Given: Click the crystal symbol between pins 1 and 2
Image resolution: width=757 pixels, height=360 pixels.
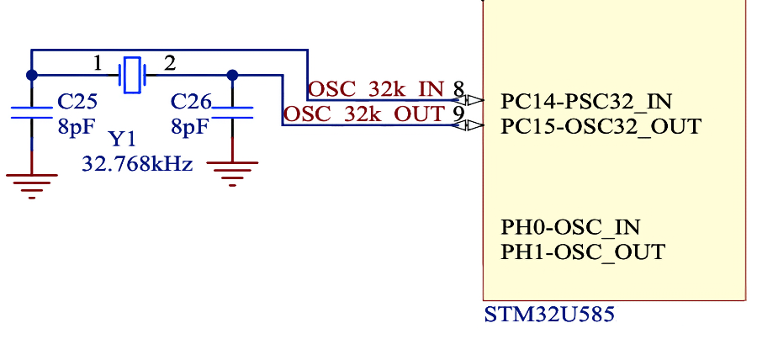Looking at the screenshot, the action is [x=132, y=75].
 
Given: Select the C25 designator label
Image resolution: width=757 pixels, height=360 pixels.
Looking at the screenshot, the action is [x=77, y=102].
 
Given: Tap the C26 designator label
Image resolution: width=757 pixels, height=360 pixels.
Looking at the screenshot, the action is [x=191, y=102].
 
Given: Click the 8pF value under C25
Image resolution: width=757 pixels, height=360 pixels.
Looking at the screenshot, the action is [x=74, y=127].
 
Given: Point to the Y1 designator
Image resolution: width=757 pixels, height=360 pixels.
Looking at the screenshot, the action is [x=122, y=140].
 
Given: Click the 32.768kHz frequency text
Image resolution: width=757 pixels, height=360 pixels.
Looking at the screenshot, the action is [x=138, y=164].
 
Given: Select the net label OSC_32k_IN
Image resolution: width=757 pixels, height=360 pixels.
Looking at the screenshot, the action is [x=376, y=90].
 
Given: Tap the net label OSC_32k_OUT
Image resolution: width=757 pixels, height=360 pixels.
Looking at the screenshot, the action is [x=363, y=114].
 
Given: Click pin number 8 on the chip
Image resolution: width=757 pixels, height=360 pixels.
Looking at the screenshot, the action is [x=458, y=89].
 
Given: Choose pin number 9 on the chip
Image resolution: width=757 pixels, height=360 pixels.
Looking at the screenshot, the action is [x=458, y=114].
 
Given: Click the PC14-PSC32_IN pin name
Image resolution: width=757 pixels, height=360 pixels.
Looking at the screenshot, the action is [x=586, y=102].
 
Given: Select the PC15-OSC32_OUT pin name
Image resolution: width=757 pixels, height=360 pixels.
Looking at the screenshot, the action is [x=600, y=126].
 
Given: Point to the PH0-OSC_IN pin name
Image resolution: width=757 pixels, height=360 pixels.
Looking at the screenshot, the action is [x=570, y=227].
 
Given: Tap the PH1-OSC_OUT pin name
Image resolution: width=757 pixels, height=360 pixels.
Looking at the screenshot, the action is [x=583, y=251].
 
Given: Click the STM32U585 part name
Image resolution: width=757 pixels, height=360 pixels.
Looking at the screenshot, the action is [x=549, y=315].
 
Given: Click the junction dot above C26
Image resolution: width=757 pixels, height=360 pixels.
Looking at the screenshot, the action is [x=232, y=76].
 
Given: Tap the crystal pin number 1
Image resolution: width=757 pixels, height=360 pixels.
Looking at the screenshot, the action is [x=98, y=63].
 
